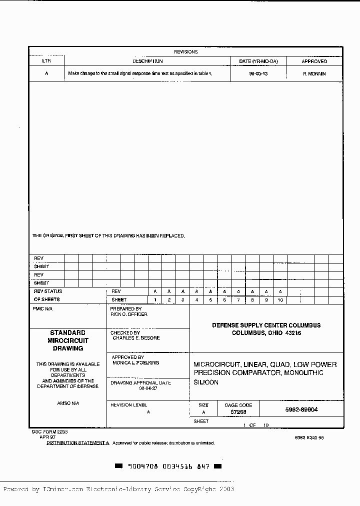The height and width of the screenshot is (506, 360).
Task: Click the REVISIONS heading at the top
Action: click(x=185, y=51)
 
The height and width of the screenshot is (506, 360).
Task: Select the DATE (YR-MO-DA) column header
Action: click(x=258, y=61)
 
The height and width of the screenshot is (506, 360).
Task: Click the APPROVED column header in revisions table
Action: click(x=314, y=61)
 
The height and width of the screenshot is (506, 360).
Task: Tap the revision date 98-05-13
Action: click(x=258, y=73)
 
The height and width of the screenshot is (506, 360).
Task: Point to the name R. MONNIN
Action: click(x=314, y=73)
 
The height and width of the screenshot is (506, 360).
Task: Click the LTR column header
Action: click(x=46, y=61)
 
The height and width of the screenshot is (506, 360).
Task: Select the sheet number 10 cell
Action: click(x=280, y=300)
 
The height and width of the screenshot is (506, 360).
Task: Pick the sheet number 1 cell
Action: click(x=155, y=300)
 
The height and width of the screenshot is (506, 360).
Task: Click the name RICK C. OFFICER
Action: click(x=129, y=314)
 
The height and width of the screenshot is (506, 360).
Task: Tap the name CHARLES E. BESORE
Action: click(x=136, y=338)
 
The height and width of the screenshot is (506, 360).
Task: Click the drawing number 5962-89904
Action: click(x=301, y=409)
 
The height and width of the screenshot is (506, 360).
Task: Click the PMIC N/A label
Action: click(x=42, y=309)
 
